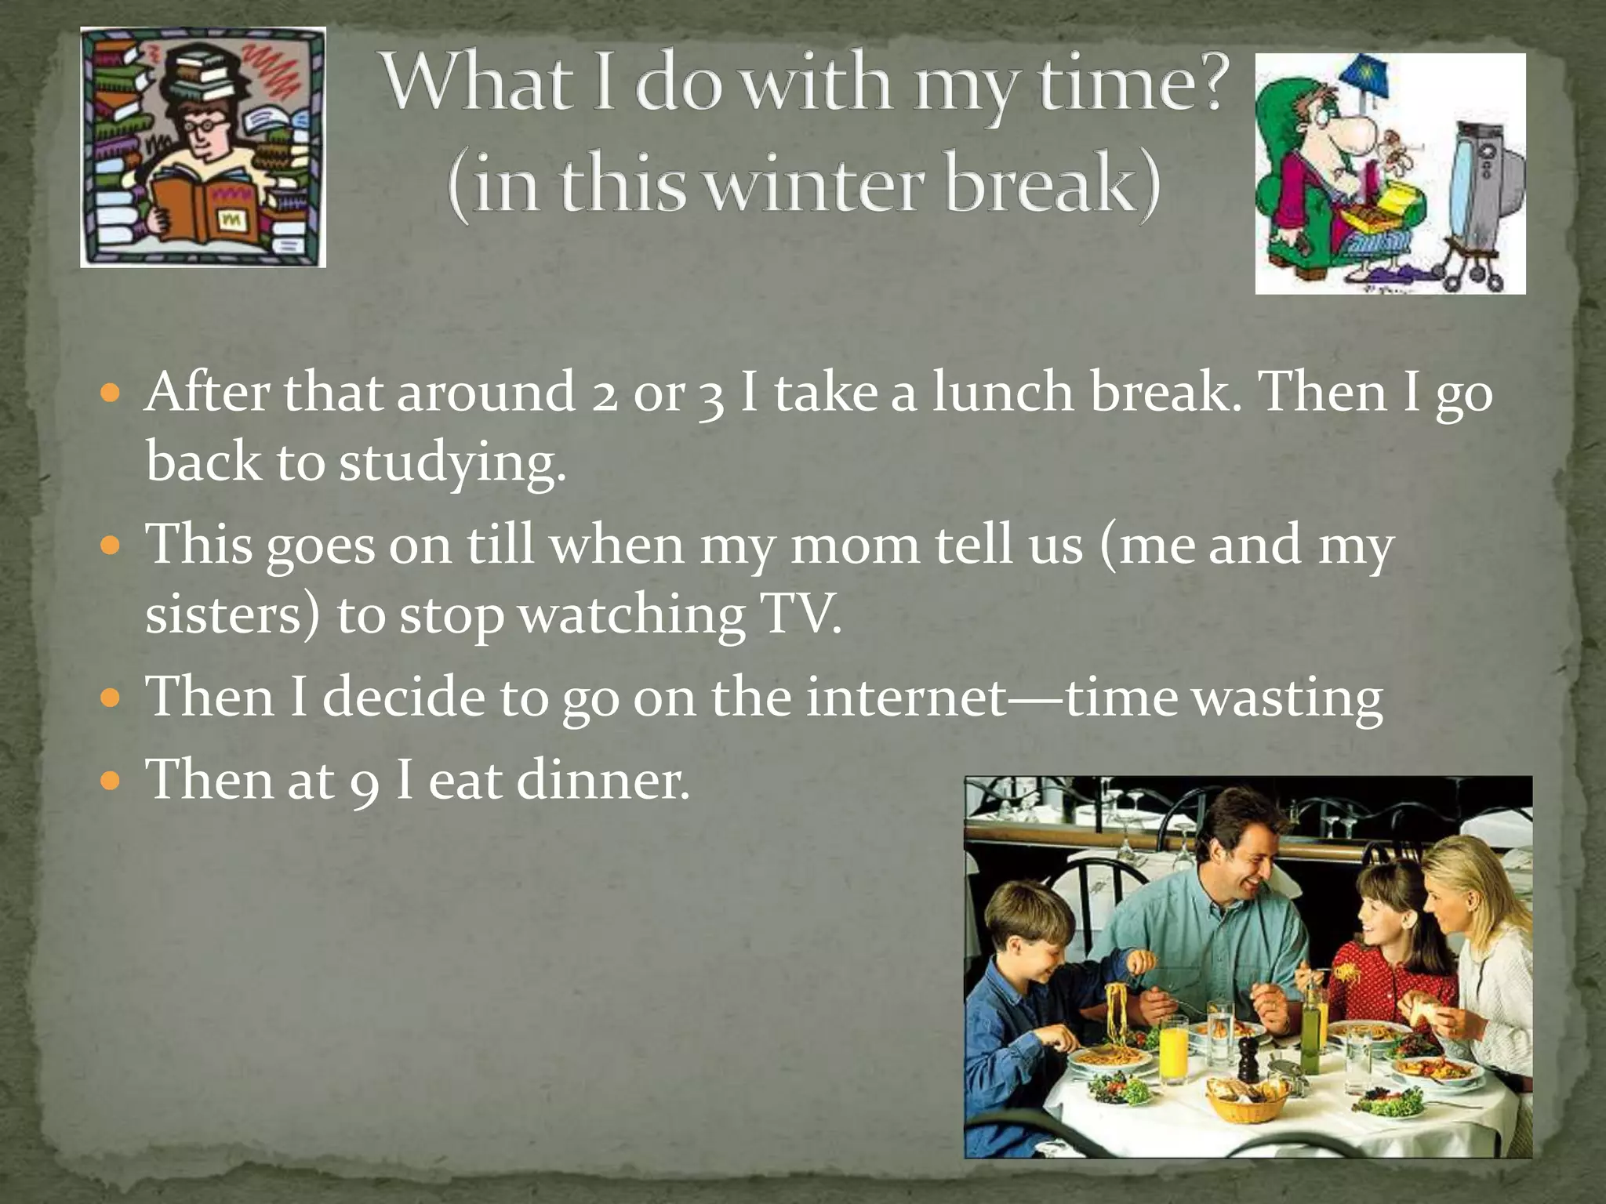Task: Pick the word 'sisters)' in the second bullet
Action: pyautogui.click(x=232, y=615)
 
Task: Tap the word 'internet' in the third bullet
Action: pyautogui.click(x=906, y=696)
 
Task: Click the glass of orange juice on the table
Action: pyautogui.click(x=1174, y=1050)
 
